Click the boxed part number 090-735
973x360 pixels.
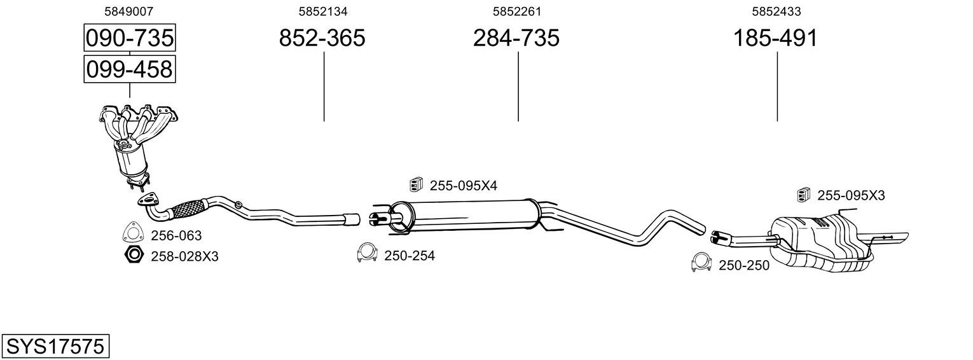click(130, 38)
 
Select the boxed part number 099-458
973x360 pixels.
click(130, 69)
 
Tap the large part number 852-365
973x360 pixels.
click(322, 38)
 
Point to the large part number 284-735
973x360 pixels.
click(516, 38)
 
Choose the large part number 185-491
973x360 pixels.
click(775, 38)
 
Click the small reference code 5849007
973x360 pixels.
click(129, 11)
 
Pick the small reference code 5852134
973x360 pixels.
click(322, 11)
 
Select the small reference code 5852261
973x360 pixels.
click(517, 11)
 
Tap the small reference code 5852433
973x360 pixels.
click(776, 11)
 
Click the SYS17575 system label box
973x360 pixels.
click(55, 347)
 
